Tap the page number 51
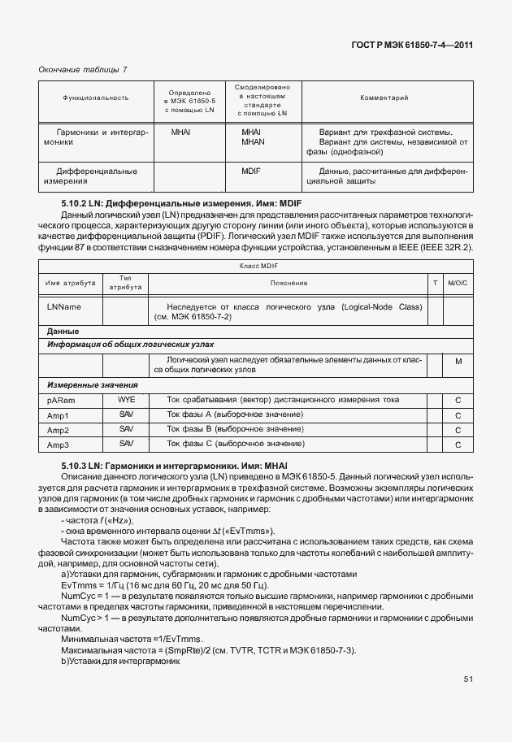pos(468,679)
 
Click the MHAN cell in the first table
pos(253,142)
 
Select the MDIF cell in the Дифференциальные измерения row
pos(251,171)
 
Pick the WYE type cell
pos(126,400)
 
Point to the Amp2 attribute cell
pos(58,430)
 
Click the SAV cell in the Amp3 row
pos(126,444)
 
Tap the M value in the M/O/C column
pos(458,361)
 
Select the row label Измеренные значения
pos(92,384)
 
